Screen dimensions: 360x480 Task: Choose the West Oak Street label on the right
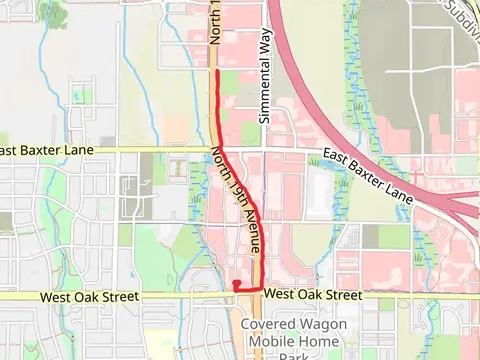coord(314,295)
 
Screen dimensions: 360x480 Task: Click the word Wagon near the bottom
coord(326,324)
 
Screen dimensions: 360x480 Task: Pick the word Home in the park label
coord(320,340)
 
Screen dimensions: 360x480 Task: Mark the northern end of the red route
coord(218,72)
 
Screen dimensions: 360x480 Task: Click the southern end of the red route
coord(236,284)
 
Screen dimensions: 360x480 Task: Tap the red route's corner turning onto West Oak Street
coord(262,288)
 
